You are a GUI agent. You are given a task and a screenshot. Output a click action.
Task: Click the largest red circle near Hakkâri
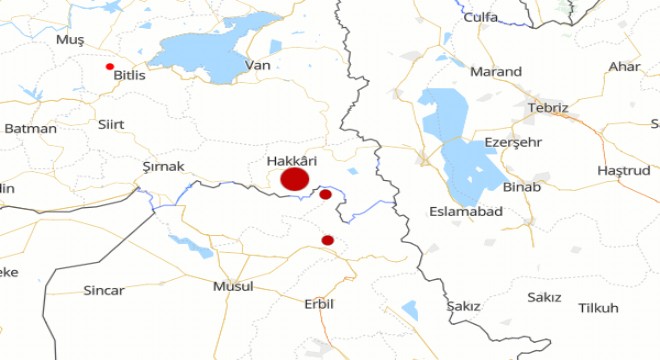point(294,180)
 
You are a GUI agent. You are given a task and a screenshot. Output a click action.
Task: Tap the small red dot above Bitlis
point(110,66)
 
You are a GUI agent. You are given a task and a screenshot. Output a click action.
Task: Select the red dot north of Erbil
point(327,240)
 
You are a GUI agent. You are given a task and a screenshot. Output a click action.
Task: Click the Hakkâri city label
point(293,160)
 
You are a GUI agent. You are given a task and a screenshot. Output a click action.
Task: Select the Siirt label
point(112,125)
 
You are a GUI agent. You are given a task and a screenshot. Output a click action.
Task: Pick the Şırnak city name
point(164,166)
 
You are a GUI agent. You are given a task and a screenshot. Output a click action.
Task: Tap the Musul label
point(233,286)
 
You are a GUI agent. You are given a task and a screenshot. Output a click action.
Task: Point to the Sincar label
point(104,290)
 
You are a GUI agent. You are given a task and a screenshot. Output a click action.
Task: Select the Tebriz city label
point(550,108)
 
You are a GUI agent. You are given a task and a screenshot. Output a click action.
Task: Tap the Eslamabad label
point(465,212)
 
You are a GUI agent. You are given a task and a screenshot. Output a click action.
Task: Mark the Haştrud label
point(623,171)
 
